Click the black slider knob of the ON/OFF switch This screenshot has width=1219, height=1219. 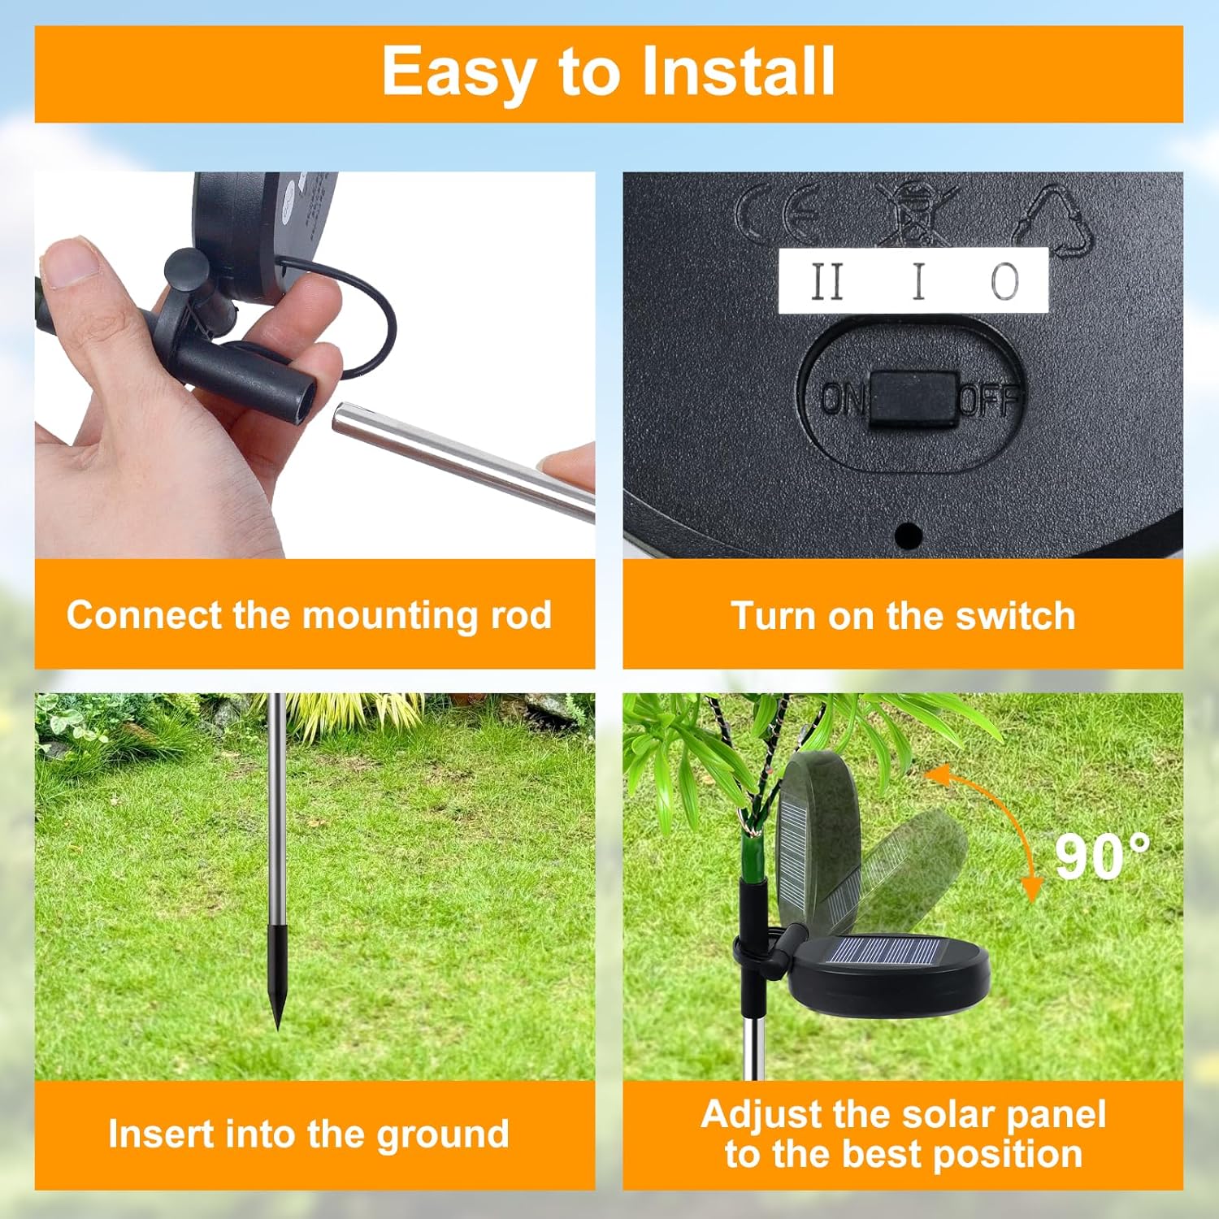pos(913,399)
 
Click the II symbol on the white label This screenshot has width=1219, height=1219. pos(827,282)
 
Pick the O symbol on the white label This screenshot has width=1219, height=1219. pos(1004,282)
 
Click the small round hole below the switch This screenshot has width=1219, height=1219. pos(908,536)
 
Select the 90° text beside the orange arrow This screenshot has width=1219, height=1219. pos(1101,857)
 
